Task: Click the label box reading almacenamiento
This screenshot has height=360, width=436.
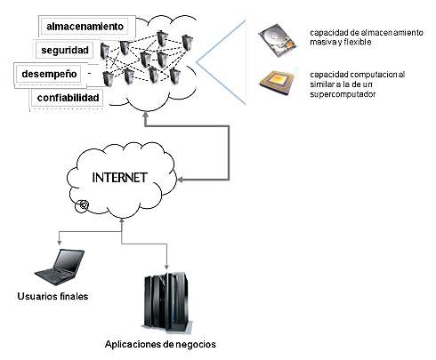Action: (x=85, y=27)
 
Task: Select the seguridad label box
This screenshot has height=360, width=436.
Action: (x=65, y=50)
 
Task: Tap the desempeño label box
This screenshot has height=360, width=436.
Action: (x=49, y=74)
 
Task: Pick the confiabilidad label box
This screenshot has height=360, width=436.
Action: (x=68, y=98)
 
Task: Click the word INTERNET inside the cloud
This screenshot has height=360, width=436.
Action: (x=119, y=178)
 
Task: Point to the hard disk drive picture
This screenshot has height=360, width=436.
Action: (x=278, y=40)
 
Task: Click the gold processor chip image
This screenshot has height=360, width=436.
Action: (x=279, y=82)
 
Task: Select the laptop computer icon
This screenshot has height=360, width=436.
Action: (x=60, y=268)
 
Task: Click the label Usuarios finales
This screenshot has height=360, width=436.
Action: (x=52, y=296)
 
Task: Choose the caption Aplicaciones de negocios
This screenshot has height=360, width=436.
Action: (x=160, y=344)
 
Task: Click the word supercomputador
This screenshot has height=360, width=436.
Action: (x=343, y=94)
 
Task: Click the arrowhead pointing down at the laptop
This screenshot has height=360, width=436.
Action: (x=60, y=242)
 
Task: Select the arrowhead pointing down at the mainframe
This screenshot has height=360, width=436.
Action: (x=166, y=266)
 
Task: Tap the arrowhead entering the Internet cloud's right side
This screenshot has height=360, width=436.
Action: (x=180, y=180)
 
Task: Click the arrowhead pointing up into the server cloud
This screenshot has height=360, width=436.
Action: (x=145, y=116)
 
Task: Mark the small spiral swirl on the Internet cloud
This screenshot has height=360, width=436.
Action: (x=82, y=205)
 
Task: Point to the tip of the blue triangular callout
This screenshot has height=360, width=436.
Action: (x=197, y=62)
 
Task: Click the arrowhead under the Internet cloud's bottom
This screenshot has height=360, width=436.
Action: (x=122, y=221)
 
